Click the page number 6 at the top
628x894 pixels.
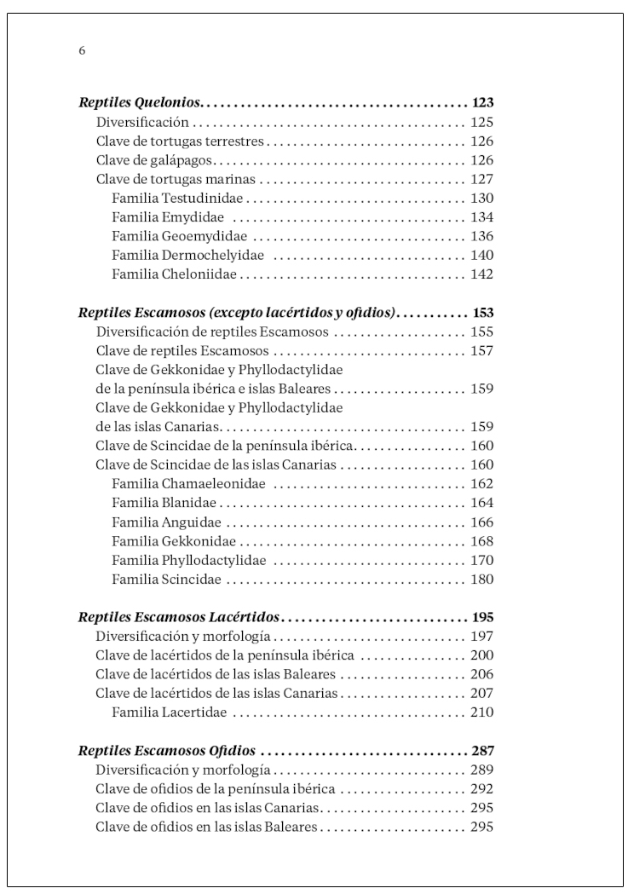click(x=82, y=50)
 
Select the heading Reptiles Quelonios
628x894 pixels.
click(x=139, y=103)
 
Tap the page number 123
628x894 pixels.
click(x=482, y=103)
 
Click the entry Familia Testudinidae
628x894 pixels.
click(x=177, y=198)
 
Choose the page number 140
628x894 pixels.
click(x=482, y=255)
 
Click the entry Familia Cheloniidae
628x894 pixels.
click(x=174, y=274)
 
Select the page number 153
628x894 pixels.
click(x=482, y=313)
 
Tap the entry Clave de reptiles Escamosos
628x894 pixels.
click(x=182, y=351)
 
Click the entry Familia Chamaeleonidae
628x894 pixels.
click(x=188, y=484)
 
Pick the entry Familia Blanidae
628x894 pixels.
click(x=164, y=503)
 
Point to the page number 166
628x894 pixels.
click(x=482, y=522)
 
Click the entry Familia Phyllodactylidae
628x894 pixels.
click(x=188, y=561)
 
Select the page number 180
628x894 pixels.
click(x=482, y=580)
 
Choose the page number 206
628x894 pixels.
click(x=482, y=674)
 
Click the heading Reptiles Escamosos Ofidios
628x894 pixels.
click(x=167, y=751)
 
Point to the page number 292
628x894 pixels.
click(x=482, y=789)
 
